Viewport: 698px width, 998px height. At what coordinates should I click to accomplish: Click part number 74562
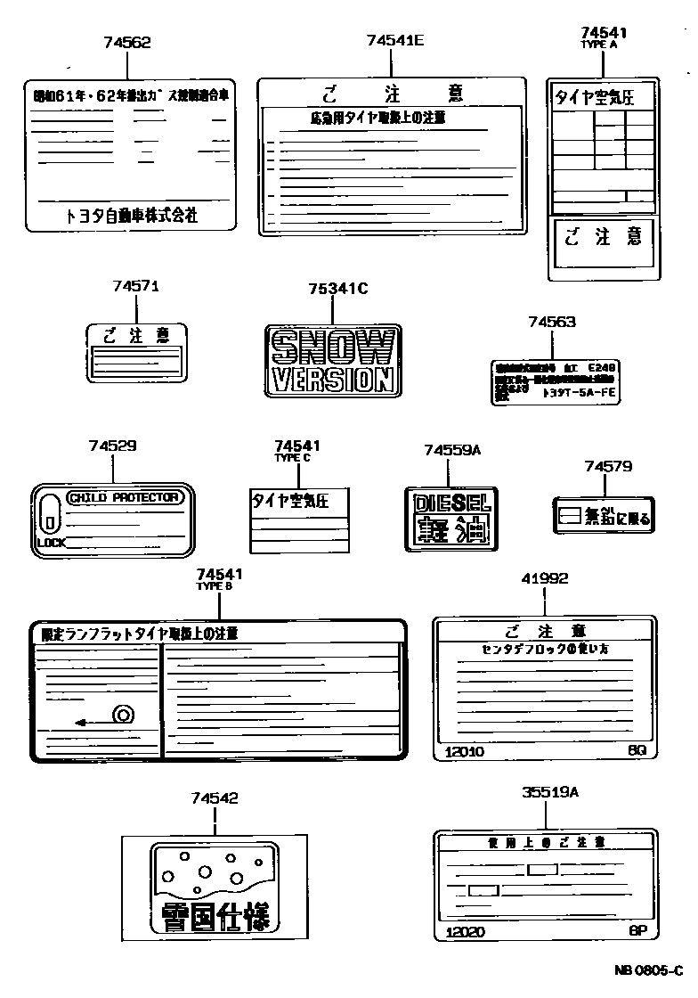click(x=126, y=42)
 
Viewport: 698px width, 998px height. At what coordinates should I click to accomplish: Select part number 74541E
click(x=395, y=40)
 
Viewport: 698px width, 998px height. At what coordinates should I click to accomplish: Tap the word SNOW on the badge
click(x=332, y=346)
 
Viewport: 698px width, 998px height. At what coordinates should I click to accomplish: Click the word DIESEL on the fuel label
click(x=452, y=503)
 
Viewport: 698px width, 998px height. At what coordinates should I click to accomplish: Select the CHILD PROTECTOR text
click(x=125, y=497)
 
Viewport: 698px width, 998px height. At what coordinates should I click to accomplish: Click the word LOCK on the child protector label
click(x=51, y=542)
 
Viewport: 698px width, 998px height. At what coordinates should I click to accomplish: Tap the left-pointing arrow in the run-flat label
click(x=85, y=722)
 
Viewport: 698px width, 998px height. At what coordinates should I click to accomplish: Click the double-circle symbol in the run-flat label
click(x=122, y=713)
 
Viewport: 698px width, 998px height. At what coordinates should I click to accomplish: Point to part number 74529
click(x=113, y=446)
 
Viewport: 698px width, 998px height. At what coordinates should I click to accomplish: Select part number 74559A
click(x=452, y=451)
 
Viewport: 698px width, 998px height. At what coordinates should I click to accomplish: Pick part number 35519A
click(x=549, y=791)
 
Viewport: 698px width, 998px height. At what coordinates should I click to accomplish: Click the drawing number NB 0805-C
click(x=647, y=970)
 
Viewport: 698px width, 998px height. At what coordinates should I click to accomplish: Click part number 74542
click(x=214, y=798)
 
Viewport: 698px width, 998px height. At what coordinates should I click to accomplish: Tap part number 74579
click(x=608, y=466)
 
